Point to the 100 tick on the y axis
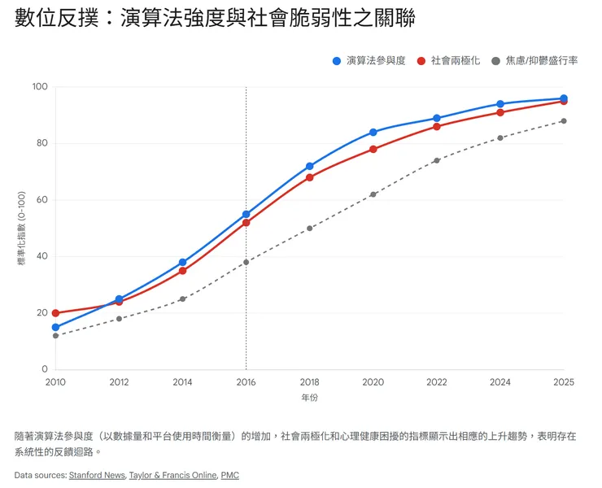coord(40,87)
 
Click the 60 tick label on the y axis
coord(42,200)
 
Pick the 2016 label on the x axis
coord(246,381)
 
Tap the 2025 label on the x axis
coord(563,381)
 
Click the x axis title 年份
coord(309,398)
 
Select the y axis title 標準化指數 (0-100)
coord(22,229)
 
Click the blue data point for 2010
coord(55,327)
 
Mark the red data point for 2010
coord(55,313)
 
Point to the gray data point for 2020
coord(373,194)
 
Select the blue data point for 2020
coord(373,132)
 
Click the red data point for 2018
coord(309,177)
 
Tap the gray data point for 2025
coord(563,121)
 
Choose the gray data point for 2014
coord(182,299)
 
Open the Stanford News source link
coord(97,475)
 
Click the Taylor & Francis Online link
coord(173,475)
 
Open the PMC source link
coord(229,475)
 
